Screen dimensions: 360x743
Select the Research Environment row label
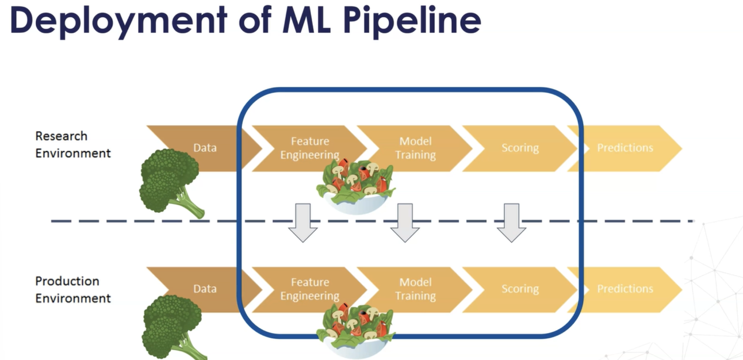[x=72, y=144]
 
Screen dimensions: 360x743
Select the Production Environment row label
[x=72, y=289]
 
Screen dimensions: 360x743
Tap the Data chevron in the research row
[x=205, y=148]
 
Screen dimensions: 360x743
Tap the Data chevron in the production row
[x=205, y=289]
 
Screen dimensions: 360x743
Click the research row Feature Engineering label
[x=310, y=148]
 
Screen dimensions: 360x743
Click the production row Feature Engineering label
[x=310, y=289]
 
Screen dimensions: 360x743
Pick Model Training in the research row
[x=415, y=148]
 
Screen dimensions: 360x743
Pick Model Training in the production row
[x=415, y=289]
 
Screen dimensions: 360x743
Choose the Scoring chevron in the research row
[x=520, y=148]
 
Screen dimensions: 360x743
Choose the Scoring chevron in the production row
[x=520, y=289]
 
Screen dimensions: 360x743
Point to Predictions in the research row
[x=625, y=148]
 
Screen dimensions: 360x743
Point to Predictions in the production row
[x=625, y=289]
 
